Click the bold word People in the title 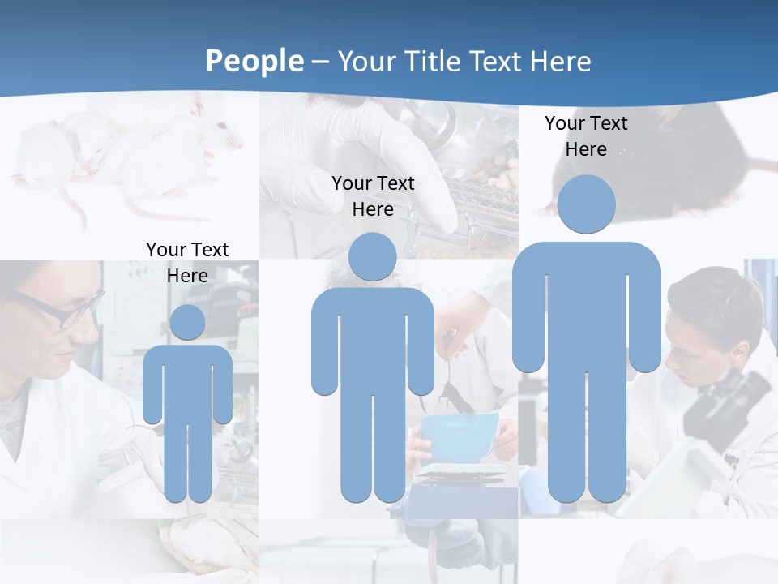pos(254,61)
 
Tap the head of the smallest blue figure pos(187,322)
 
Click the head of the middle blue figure pos(372,256)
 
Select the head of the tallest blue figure pos(586,204)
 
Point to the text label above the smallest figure pos(187,262)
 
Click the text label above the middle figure pos(373,196)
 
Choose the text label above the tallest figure pos(586,136)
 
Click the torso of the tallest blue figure pos(586,316)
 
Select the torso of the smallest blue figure pos(187,381)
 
